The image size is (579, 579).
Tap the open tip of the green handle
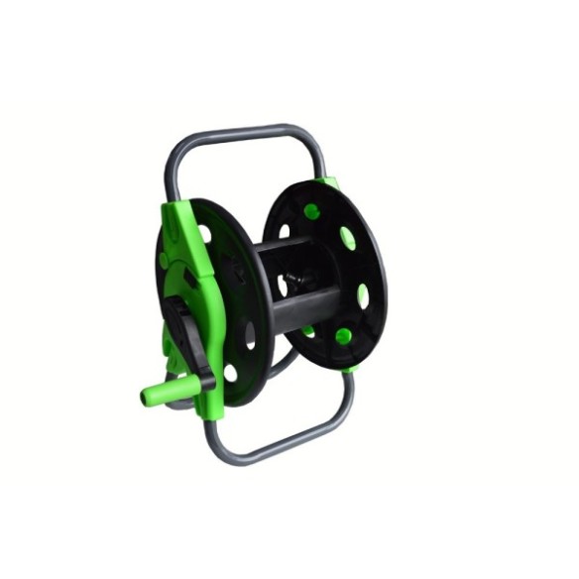click(147, 399)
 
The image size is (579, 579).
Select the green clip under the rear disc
click(349, 368)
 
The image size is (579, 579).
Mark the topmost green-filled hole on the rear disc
click(311, 211)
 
